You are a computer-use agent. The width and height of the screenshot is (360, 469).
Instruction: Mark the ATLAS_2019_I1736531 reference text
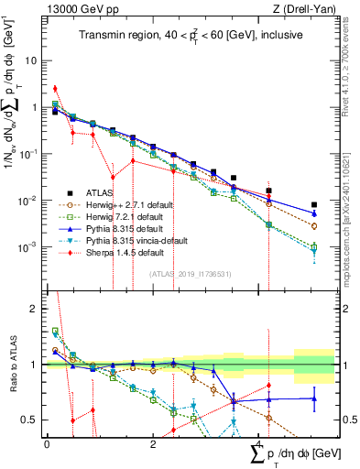(189, 273)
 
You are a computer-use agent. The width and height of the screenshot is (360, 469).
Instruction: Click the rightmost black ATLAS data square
(314, 205)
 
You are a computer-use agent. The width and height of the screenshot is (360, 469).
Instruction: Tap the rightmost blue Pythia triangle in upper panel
(314, 213)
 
